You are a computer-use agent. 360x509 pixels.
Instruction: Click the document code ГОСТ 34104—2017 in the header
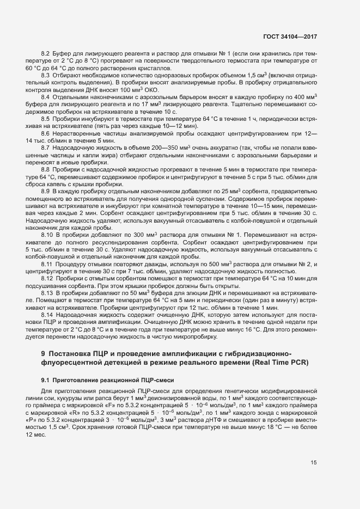pyautogui.click(x=291, y=37)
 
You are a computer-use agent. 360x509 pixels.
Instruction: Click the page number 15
pyautogui.click(x=314, y=463)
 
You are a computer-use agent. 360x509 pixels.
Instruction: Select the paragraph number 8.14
pyautogui.click(x=47, y=315)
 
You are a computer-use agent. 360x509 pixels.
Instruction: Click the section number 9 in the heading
pyautogui.click(x=43, y=353)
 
